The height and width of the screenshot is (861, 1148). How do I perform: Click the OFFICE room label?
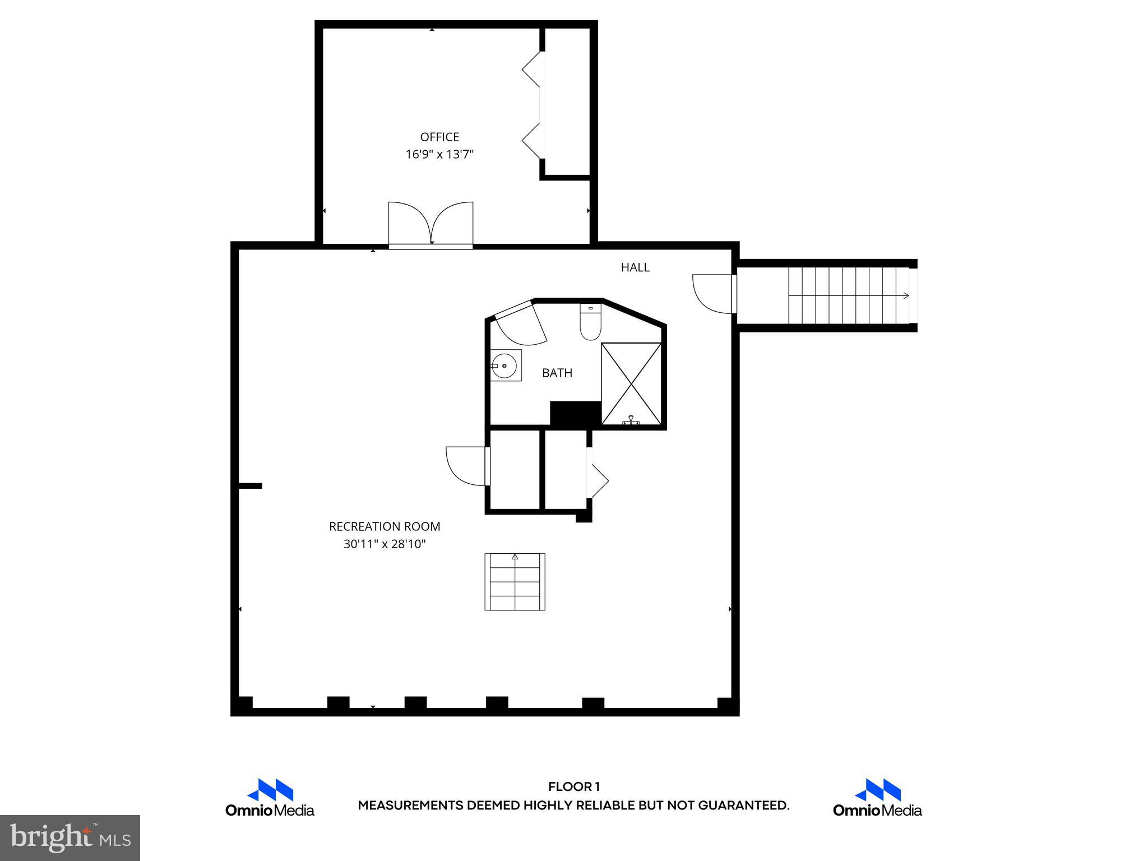[439, 137]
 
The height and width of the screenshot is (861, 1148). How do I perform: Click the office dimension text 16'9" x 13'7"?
[439, 154]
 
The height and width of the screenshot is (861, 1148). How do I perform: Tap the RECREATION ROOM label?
[385, 526]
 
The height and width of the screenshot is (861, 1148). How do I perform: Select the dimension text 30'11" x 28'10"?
[385, 544]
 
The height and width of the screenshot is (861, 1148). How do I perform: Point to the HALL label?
[635, 267]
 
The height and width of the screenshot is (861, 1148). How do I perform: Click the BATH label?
[557, 373]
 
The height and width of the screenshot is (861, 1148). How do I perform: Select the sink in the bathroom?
[505, 365]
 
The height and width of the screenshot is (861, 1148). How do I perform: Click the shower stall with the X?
[631, 383]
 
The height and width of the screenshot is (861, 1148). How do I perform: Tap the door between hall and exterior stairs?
[714, 293]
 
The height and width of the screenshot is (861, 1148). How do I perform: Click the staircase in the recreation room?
[515, 582]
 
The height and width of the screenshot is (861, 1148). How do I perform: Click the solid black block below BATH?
[575, 414]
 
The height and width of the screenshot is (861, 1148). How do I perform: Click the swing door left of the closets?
[467, 466]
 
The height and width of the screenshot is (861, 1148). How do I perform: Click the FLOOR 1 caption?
[573, 786]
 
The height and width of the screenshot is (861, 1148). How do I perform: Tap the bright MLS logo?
[70, 837]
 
